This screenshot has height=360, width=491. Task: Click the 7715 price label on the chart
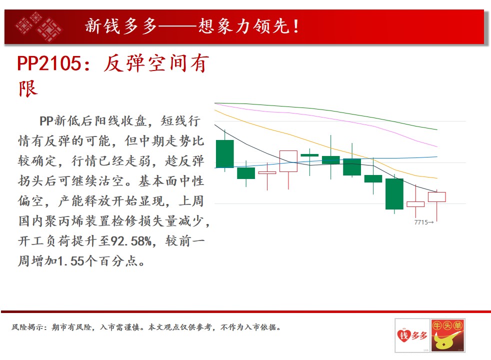(421, 222)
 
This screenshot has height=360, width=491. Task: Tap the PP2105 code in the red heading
(49, 63)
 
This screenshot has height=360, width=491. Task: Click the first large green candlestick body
(225, 153)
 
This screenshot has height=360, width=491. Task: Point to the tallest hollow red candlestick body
(288, 161)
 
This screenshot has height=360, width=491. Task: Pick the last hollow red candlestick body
(437, 197)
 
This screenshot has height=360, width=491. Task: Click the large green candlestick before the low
(394, 194)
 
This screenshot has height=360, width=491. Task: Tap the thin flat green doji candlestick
(309, 155)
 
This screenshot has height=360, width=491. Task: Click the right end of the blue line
(437, 157)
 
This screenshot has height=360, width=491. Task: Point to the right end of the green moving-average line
(437, 129)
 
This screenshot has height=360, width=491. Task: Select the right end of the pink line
(437, 146)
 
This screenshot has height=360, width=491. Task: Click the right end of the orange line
(437, 178)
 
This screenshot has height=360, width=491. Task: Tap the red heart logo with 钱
(403, 335)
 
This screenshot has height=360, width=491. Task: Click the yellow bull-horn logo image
(448, 335)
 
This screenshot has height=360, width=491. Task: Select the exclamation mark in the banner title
(295, 26)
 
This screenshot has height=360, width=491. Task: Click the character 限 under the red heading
(28, 89)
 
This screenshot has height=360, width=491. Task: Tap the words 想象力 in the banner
(225, 26)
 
